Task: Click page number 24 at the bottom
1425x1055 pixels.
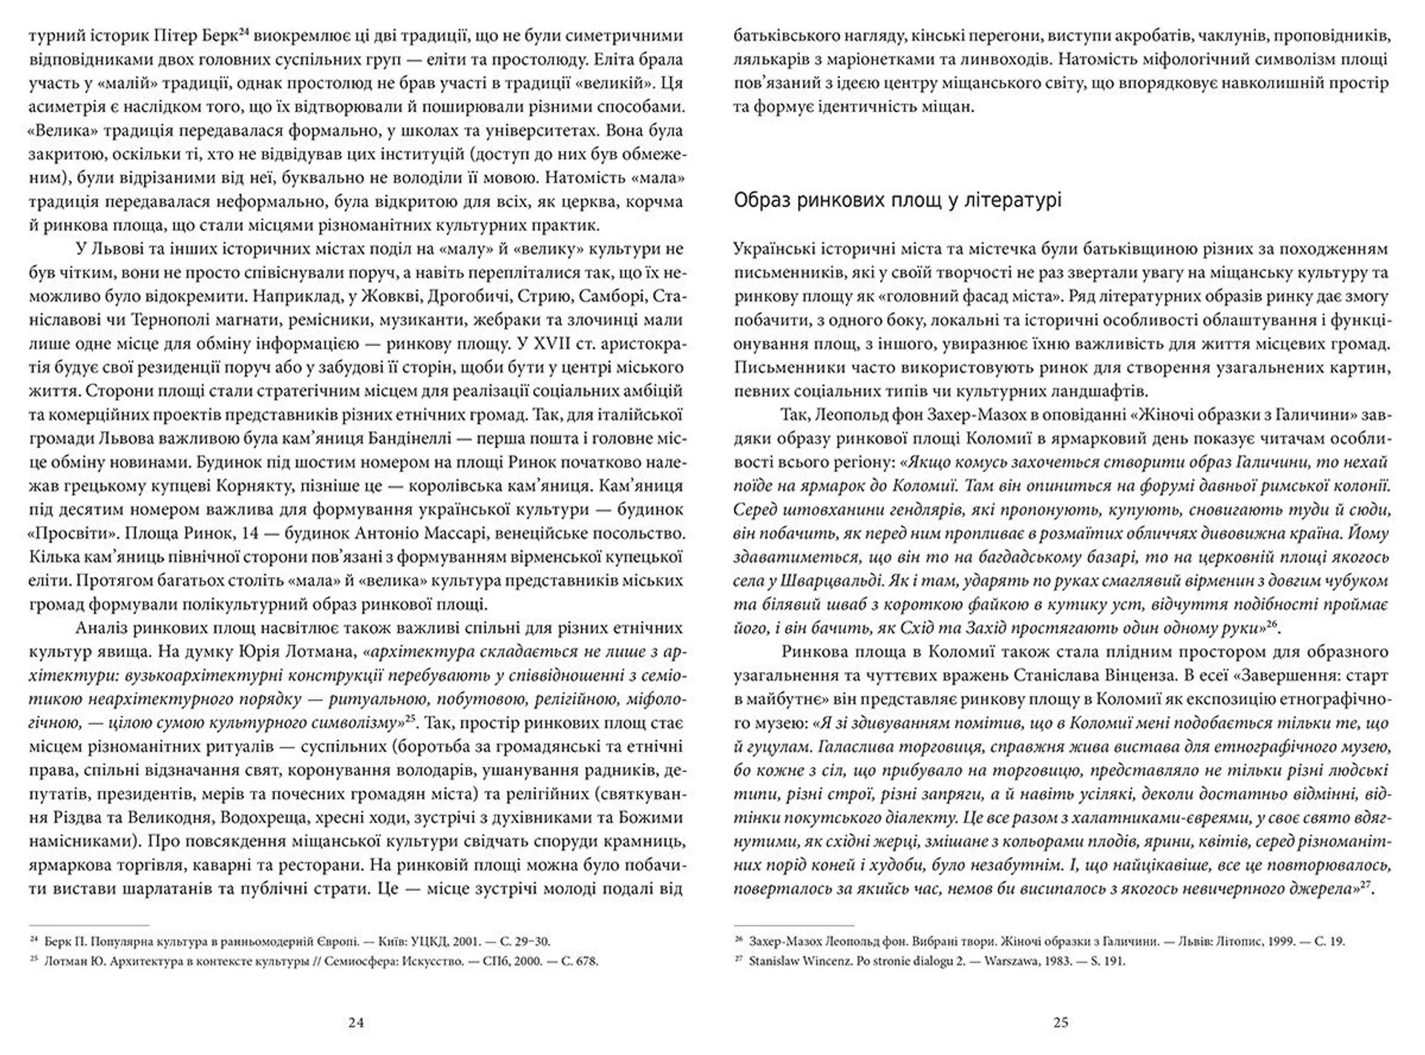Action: pyautogui.click(x=356, y=1022)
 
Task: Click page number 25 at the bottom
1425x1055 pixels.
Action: pyautogui.click(x=1061, y=1022)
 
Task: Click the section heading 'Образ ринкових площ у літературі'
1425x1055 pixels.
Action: pyautogui.click(x=897, y=200)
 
